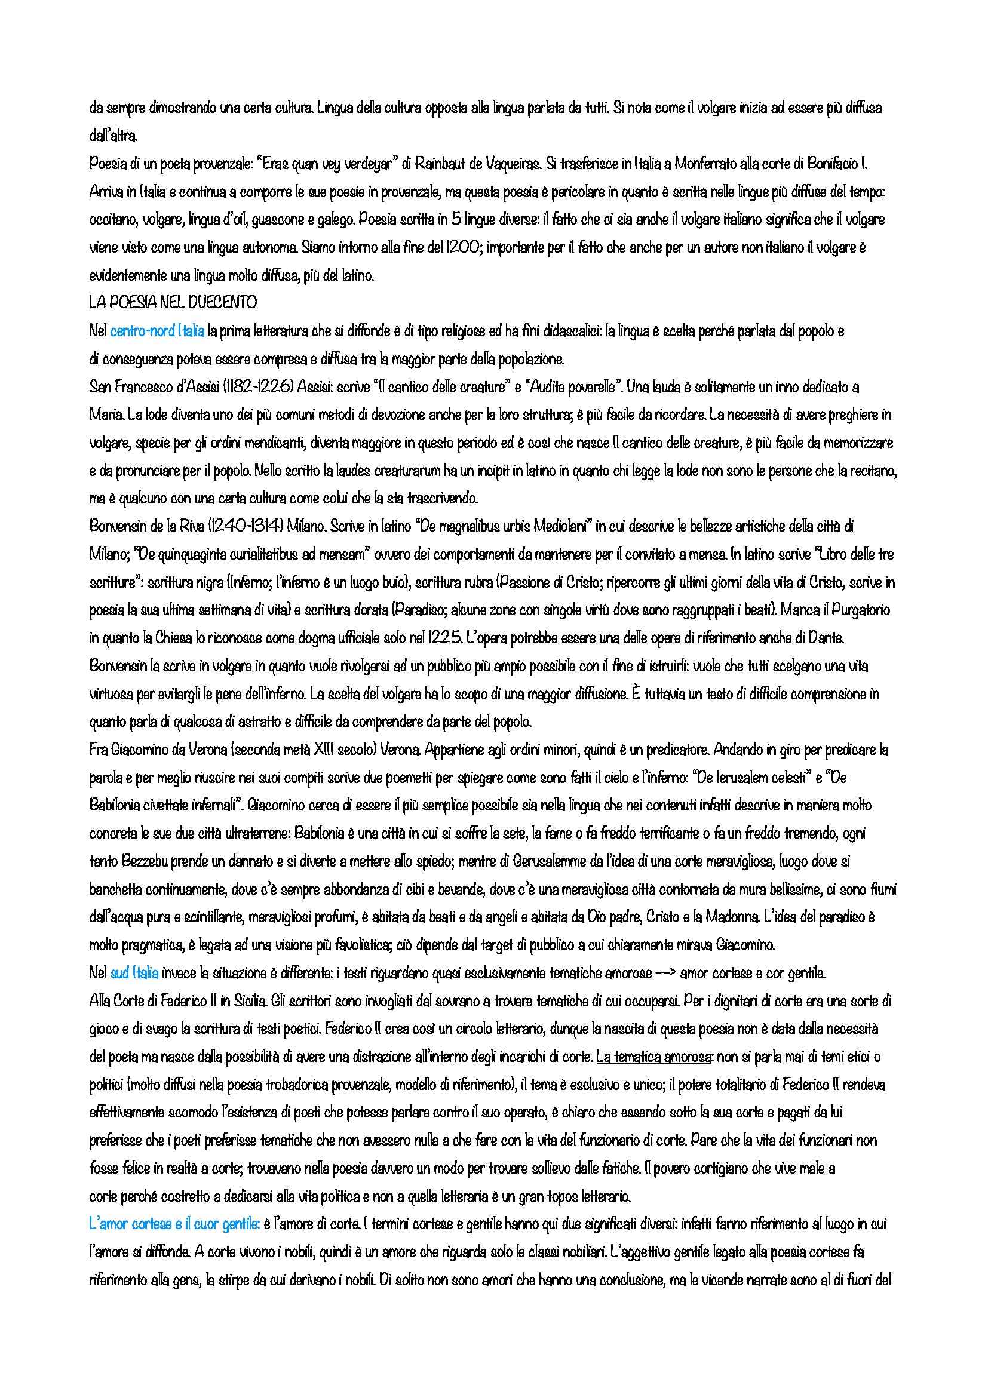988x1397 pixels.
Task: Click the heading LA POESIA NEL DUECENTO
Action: pyautogui.click(x=173, y=302)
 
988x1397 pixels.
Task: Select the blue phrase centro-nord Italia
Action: pyautogui.click(x=157, y=331)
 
